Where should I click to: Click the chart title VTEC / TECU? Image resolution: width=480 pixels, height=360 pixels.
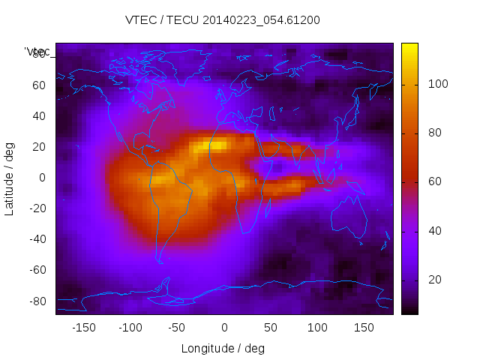coord(223,20)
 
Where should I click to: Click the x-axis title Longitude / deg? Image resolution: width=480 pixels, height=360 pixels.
coord(223,349)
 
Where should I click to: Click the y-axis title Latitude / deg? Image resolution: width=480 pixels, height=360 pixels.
coord(10,178)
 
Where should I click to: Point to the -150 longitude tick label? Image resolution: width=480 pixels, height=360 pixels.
coord(83,328)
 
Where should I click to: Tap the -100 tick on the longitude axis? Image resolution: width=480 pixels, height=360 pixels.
coord(130,328)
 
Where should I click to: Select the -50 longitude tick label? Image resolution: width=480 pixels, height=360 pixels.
coord(177,328)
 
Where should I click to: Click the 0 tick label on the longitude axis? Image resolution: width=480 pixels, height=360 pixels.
coord(224,328)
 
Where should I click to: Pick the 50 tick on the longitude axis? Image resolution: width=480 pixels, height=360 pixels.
coord(271,328)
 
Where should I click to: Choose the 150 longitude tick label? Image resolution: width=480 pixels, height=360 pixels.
coord(364,328)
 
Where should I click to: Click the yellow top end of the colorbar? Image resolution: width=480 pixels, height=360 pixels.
coord(409,46)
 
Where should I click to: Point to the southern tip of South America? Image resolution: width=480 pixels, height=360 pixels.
coord(160,260)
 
